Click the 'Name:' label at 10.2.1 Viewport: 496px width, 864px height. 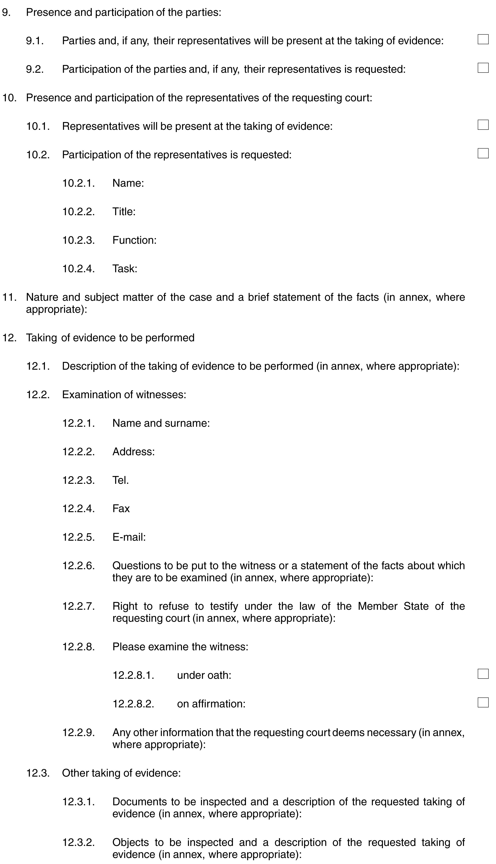pos(128,183)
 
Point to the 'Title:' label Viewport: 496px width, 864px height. pos(124,212)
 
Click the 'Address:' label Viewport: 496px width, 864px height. pos(134,452)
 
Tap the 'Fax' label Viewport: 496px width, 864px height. pos(121,509)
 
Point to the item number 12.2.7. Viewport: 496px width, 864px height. pos(78,606)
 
